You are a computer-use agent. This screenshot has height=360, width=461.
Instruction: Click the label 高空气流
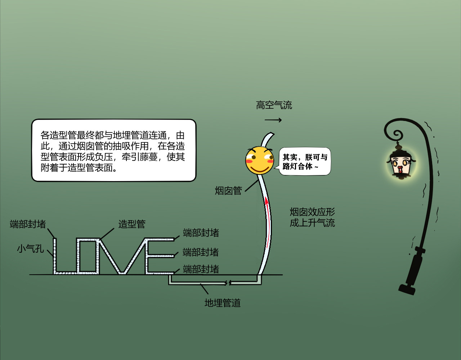[x=274, y=105]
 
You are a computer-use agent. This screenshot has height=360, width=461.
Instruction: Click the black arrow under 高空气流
[x=273, y=120]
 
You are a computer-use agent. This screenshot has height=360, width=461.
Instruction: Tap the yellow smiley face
[x=259, y=161]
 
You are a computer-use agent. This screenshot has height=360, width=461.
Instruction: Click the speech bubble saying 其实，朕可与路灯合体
[x=305, y=162]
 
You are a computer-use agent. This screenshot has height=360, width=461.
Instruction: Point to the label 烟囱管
[x=228, y=190]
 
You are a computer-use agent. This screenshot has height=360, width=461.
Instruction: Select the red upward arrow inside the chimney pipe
[x=268, y=222]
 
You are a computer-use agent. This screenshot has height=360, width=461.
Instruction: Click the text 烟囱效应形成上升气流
[x=312, y=217]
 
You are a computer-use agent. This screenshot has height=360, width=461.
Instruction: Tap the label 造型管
[x=132, y=224]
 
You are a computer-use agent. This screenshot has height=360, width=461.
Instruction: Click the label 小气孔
[x=30, y=248]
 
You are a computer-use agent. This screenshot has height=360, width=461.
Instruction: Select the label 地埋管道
[x=223, y=303]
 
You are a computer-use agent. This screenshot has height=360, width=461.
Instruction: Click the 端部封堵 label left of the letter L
[x=28, y=224]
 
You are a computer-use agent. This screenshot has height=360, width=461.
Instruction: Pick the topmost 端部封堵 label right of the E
[x=201, y=233]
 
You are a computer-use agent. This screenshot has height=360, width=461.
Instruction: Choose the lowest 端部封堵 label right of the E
[x=201, y=269]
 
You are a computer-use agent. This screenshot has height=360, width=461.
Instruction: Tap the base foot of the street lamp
[x=407, y=289]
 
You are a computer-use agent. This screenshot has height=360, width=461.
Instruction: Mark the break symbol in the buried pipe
[x=228, y=283]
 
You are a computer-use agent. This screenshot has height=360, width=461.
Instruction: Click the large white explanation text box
[x=114, y=150]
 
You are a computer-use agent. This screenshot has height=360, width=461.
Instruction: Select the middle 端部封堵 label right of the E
[x=201, y=252]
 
